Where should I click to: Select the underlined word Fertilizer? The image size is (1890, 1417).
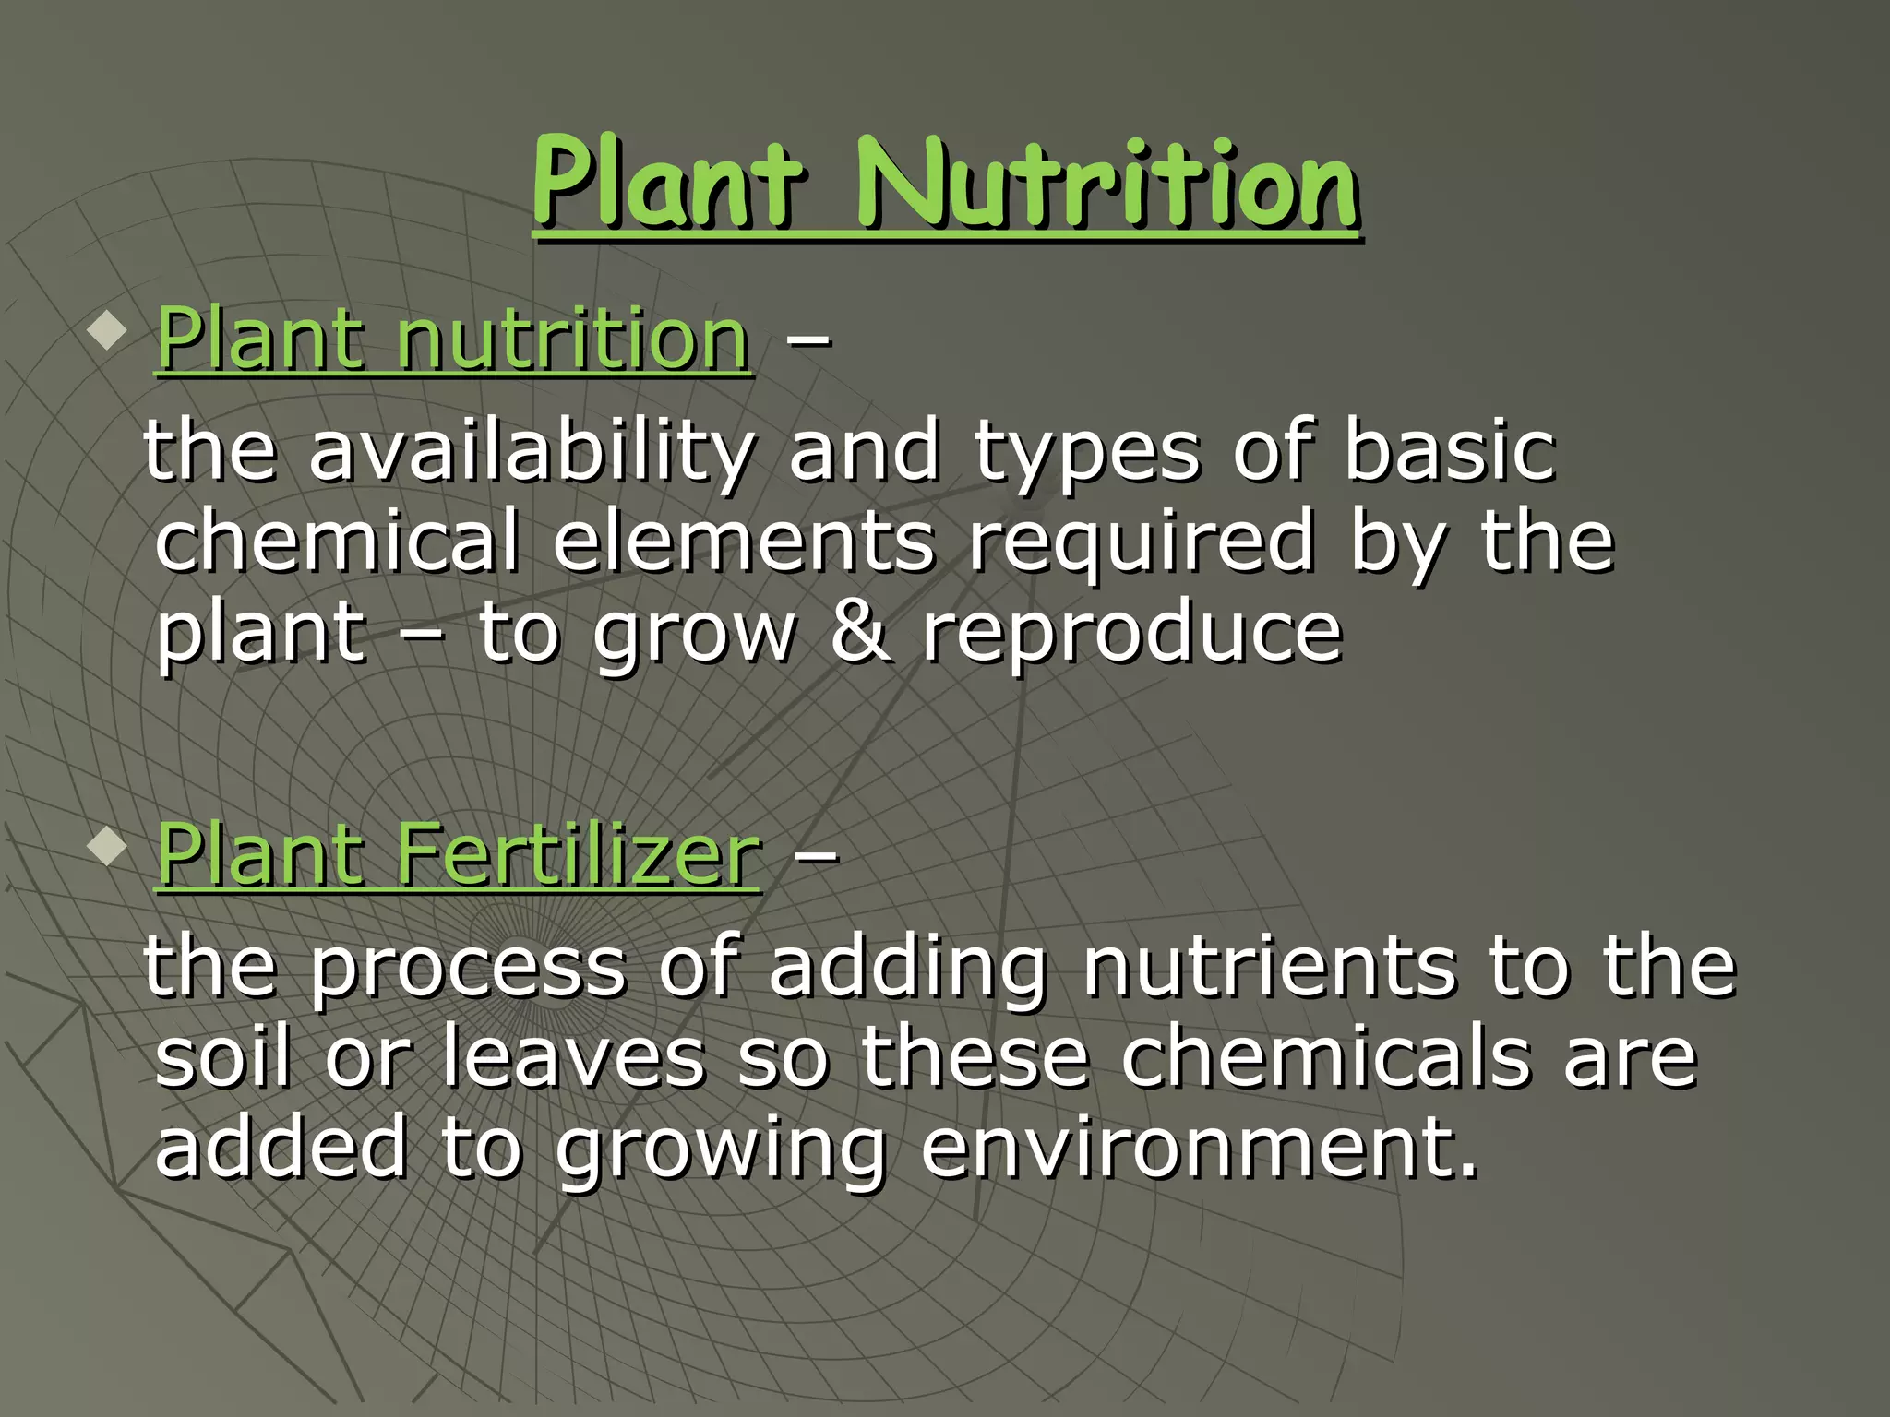pyautogui.click(x=578, y=855)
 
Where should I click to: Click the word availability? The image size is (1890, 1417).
pyautogui.click(x=532, y=453)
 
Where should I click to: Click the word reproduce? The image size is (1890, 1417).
pyautogui.click(x=1131, y=635)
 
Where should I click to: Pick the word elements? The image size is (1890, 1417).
pyautogui.click(x=744, y=542)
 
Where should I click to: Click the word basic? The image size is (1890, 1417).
pyautogui.click(x=1449, y=451)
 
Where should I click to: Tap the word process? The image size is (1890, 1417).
pyautogui.click(x=466, y=970)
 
